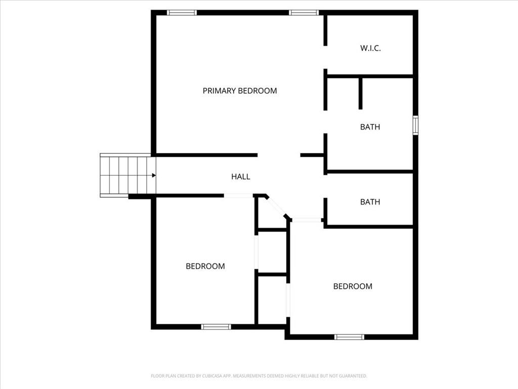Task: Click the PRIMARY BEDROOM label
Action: pyautogui.click(x=240, y=91)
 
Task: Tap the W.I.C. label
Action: pyautogui.click(x=370, y=48)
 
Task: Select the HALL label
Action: pyautogui.click(x=240, y=177)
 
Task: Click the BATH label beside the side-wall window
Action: pyautogui.click(x=370, y=127)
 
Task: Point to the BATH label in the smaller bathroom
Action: pyautogui.click(x=370, y=202)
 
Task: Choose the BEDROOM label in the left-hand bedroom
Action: pyautogui.click(x=205, y=266)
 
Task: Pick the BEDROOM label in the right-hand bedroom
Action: pyautogui.click(x=353, y=286)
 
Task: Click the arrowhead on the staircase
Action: pyautogui.click(x=154, y=175)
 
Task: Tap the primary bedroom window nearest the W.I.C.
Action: pyautogui.click(x=304, y=13)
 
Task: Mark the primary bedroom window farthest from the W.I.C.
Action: pyautogui.click(x=182, y=13)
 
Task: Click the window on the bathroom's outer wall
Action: pyautogui.click(x=416, y=126)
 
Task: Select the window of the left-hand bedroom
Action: pyautogui.click(x=216, y=327)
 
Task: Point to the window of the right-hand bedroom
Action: pyautogui.click(x=349, y=337)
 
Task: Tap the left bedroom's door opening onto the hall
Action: pyautogui.click(x=239, y=196)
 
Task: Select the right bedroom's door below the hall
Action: pyautogui.click(x=307, y=220)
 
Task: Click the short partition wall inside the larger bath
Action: pyautogui.click(x=360, y=94)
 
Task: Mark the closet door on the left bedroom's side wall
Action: pyautogui.click(x=256, y=252)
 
